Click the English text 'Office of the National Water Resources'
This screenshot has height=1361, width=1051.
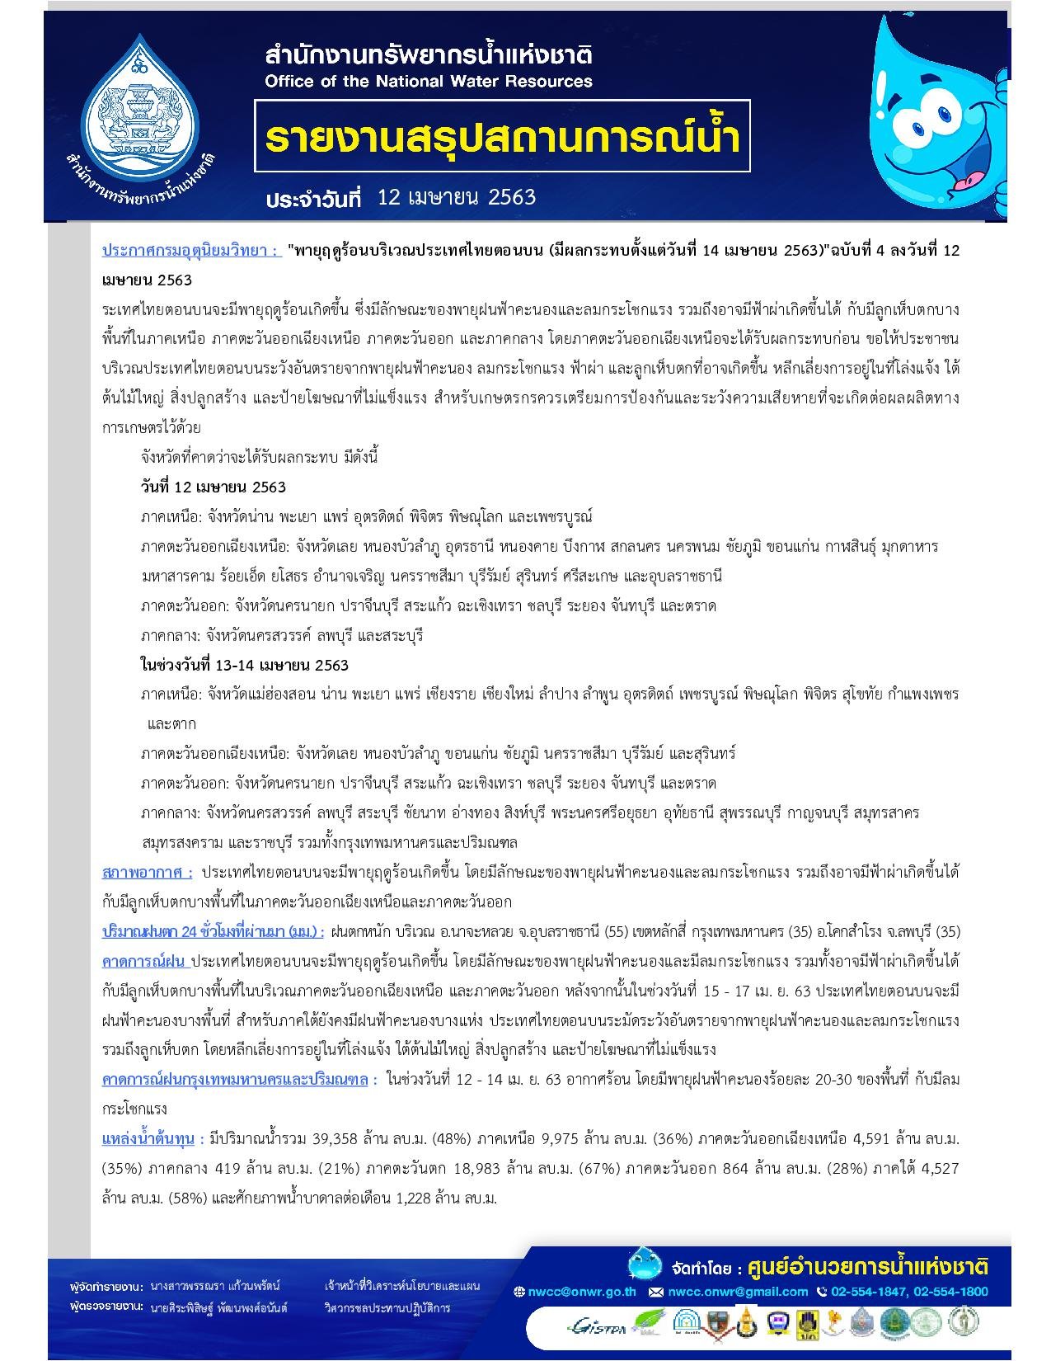coord(429,81)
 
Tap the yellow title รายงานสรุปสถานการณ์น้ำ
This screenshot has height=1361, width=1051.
coord(502,136)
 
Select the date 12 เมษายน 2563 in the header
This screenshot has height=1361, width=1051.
coord(456,197)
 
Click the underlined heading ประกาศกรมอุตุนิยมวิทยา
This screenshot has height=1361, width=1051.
coord(190,250)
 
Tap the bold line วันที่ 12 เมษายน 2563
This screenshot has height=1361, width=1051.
coord(213,487)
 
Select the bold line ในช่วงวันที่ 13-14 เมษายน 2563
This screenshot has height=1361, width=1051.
coord(244,665)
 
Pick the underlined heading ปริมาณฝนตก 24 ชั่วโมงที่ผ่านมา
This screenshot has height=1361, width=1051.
coord(213,931)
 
